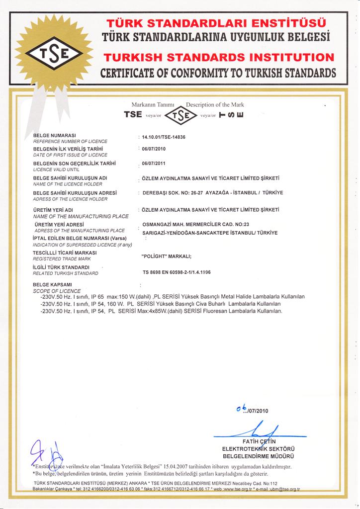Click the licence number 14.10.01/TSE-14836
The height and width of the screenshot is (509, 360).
tap(164, 136)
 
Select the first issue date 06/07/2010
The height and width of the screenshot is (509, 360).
tap(153, 149)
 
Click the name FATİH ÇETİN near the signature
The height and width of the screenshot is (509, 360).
tap(259, 441)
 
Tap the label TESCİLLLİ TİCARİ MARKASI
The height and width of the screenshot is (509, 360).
tap(65, 253)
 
